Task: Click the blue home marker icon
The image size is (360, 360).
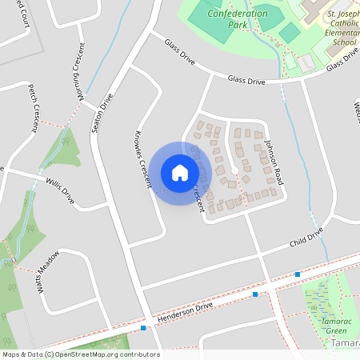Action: (x=180, y=173)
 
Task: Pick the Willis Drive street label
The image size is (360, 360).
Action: (x=59, y=190)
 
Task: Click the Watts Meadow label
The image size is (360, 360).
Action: (x=48, y=274)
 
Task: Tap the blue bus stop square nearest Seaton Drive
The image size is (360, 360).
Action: (x=143, y=328)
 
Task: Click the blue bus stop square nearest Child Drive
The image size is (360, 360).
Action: (x=298, y=274)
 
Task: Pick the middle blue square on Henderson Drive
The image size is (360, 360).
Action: (x=255, y=294)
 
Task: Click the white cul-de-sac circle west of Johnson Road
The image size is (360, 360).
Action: (x=235, y=170)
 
